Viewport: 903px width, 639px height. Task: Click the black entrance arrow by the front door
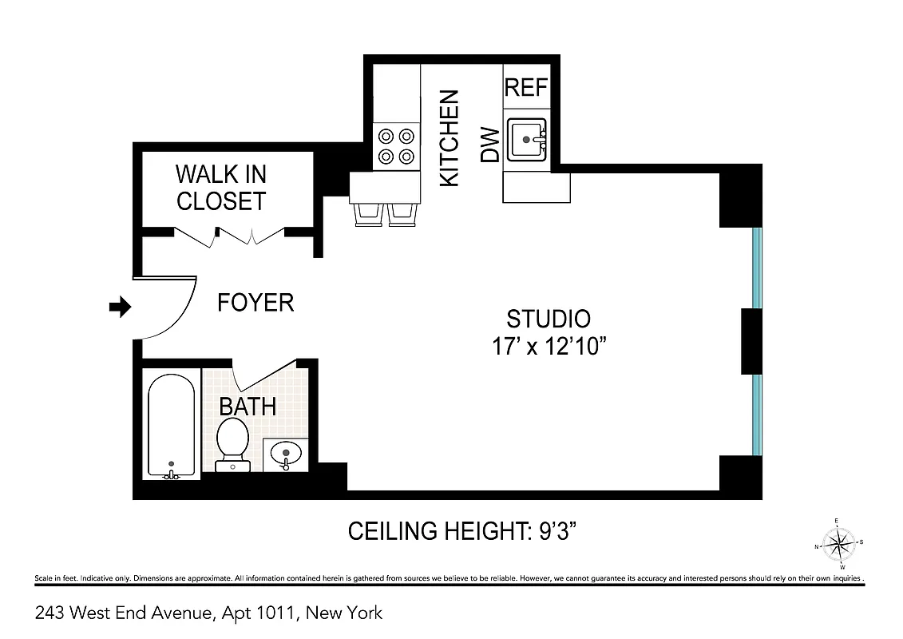(x=120, y=307)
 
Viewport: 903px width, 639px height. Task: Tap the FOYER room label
(x=255, y=303)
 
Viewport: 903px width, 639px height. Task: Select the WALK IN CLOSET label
(x=220, y=188)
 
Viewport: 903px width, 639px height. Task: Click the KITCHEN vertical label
(x=450, y=138)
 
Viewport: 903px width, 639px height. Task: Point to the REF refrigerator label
(x=526, y=87)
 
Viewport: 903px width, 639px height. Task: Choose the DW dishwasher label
(x=489, y=145)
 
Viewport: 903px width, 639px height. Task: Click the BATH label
(x=248, y=406)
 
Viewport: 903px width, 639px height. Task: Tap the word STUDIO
(x=549, y=319)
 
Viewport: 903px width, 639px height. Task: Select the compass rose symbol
(x=838, y=546)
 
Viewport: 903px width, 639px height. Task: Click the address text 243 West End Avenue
(x=209, y=613)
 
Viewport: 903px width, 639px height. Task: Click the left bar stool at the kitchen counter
(x=368, y=214)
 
